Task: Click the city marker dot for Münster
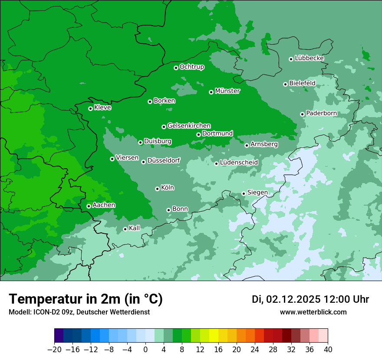211,92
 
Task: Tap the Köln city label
168,188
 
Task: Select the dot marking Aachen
89,206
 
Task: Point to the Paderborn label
321,113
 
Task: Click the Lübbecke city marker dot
291,59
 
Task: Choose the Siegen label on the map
257,193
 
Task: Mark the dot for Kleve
90,108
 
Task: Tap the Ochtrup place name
191,67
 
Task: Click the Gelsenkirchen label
189,126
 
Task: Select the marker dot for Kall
125,229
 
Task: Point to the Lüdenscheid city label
239,163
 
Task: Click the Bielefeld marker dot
285,84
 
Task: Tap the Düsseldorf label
164,160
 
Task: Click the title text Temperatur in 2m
86,299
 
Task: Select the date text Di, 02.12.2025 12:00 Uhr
310,299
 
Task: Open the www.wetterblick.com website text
313,312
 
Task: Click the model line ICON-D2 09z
79,312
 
